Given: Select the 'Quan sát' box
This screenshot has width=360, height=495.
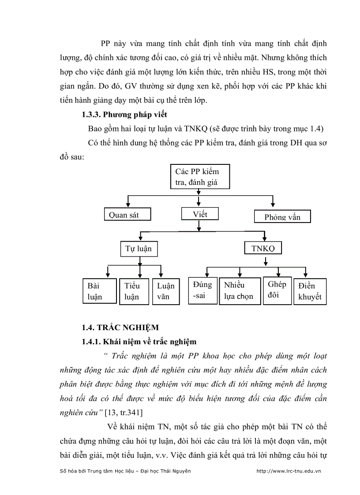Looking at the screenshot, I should pos(127,215).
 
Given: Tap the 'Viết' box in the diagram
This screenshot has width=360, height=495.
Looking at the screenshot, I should pos(200,214).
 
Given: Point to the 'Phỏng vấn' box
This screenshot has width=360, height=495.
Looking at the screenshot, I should pos(282,216).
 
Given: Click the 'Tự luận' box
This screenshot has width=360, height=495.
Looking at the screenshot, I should pos(139,248).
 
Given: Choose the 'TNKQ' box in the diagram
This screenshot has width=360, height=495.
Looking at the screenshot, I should pos(263,248).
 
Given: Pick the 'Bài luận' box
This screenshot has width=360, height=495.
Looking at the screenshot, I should pos(99,291).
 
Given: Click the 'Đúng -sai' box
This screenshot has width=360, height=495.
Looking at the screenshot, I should pos(202,290).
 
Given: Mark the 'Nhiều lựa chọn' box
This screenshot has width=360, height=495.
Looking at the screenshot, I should pos(239,290).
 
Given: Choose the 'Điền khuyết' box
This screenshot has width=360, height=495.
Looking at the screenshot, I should pos(310,291).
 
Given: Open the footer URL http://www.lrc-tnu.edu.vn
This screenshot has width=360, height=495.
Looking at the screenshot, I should pos(289,471).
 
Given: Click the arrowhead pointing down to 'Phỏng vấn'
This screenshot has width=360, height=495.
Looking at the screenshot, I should pos(273,204).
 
